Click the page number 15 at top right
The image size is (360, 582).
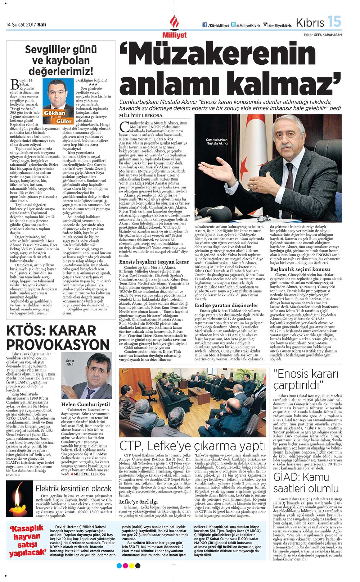click(334, 22)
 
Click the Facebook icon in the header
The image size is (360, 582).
click(205, 25)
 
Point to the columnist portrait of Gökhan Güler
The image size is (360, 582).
click(56, 97)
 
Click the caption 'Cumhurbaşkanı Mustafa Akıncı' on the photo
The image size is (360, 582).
click(217, 141)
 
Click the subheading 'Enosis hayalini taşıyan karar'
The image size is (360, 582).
click(154, 262)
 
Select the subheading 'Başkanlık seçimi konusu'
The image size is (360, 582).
click(300, 269)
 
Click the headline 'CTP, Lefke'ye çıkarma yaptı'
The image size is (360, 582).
click(193, 446)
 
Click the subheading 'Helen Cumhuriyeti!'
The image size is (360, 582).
click(85, 404)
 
